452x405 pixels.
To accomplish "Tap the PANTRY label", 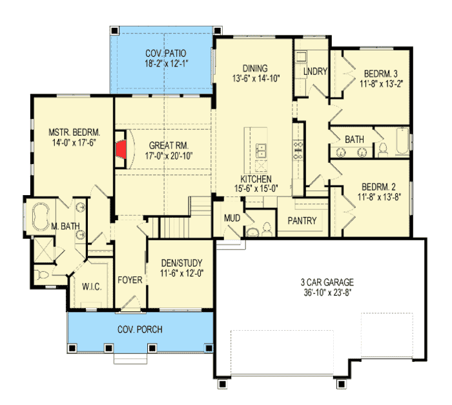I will [x=302, y=221].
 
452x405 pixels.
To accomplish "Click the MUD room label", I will [x=232, y=218].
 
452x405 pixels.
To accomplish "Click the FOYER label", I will [x=130, y=280].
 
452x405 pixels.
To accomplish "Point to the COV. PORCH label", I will [x=139, y=329].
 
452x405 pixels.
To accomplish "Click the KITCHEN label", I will [x=256, y=179].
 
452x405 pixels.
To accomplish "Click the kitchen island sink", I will [x=262, y=151].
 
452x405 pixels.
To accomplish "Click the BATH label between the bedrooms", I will [x=354, y=139].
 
